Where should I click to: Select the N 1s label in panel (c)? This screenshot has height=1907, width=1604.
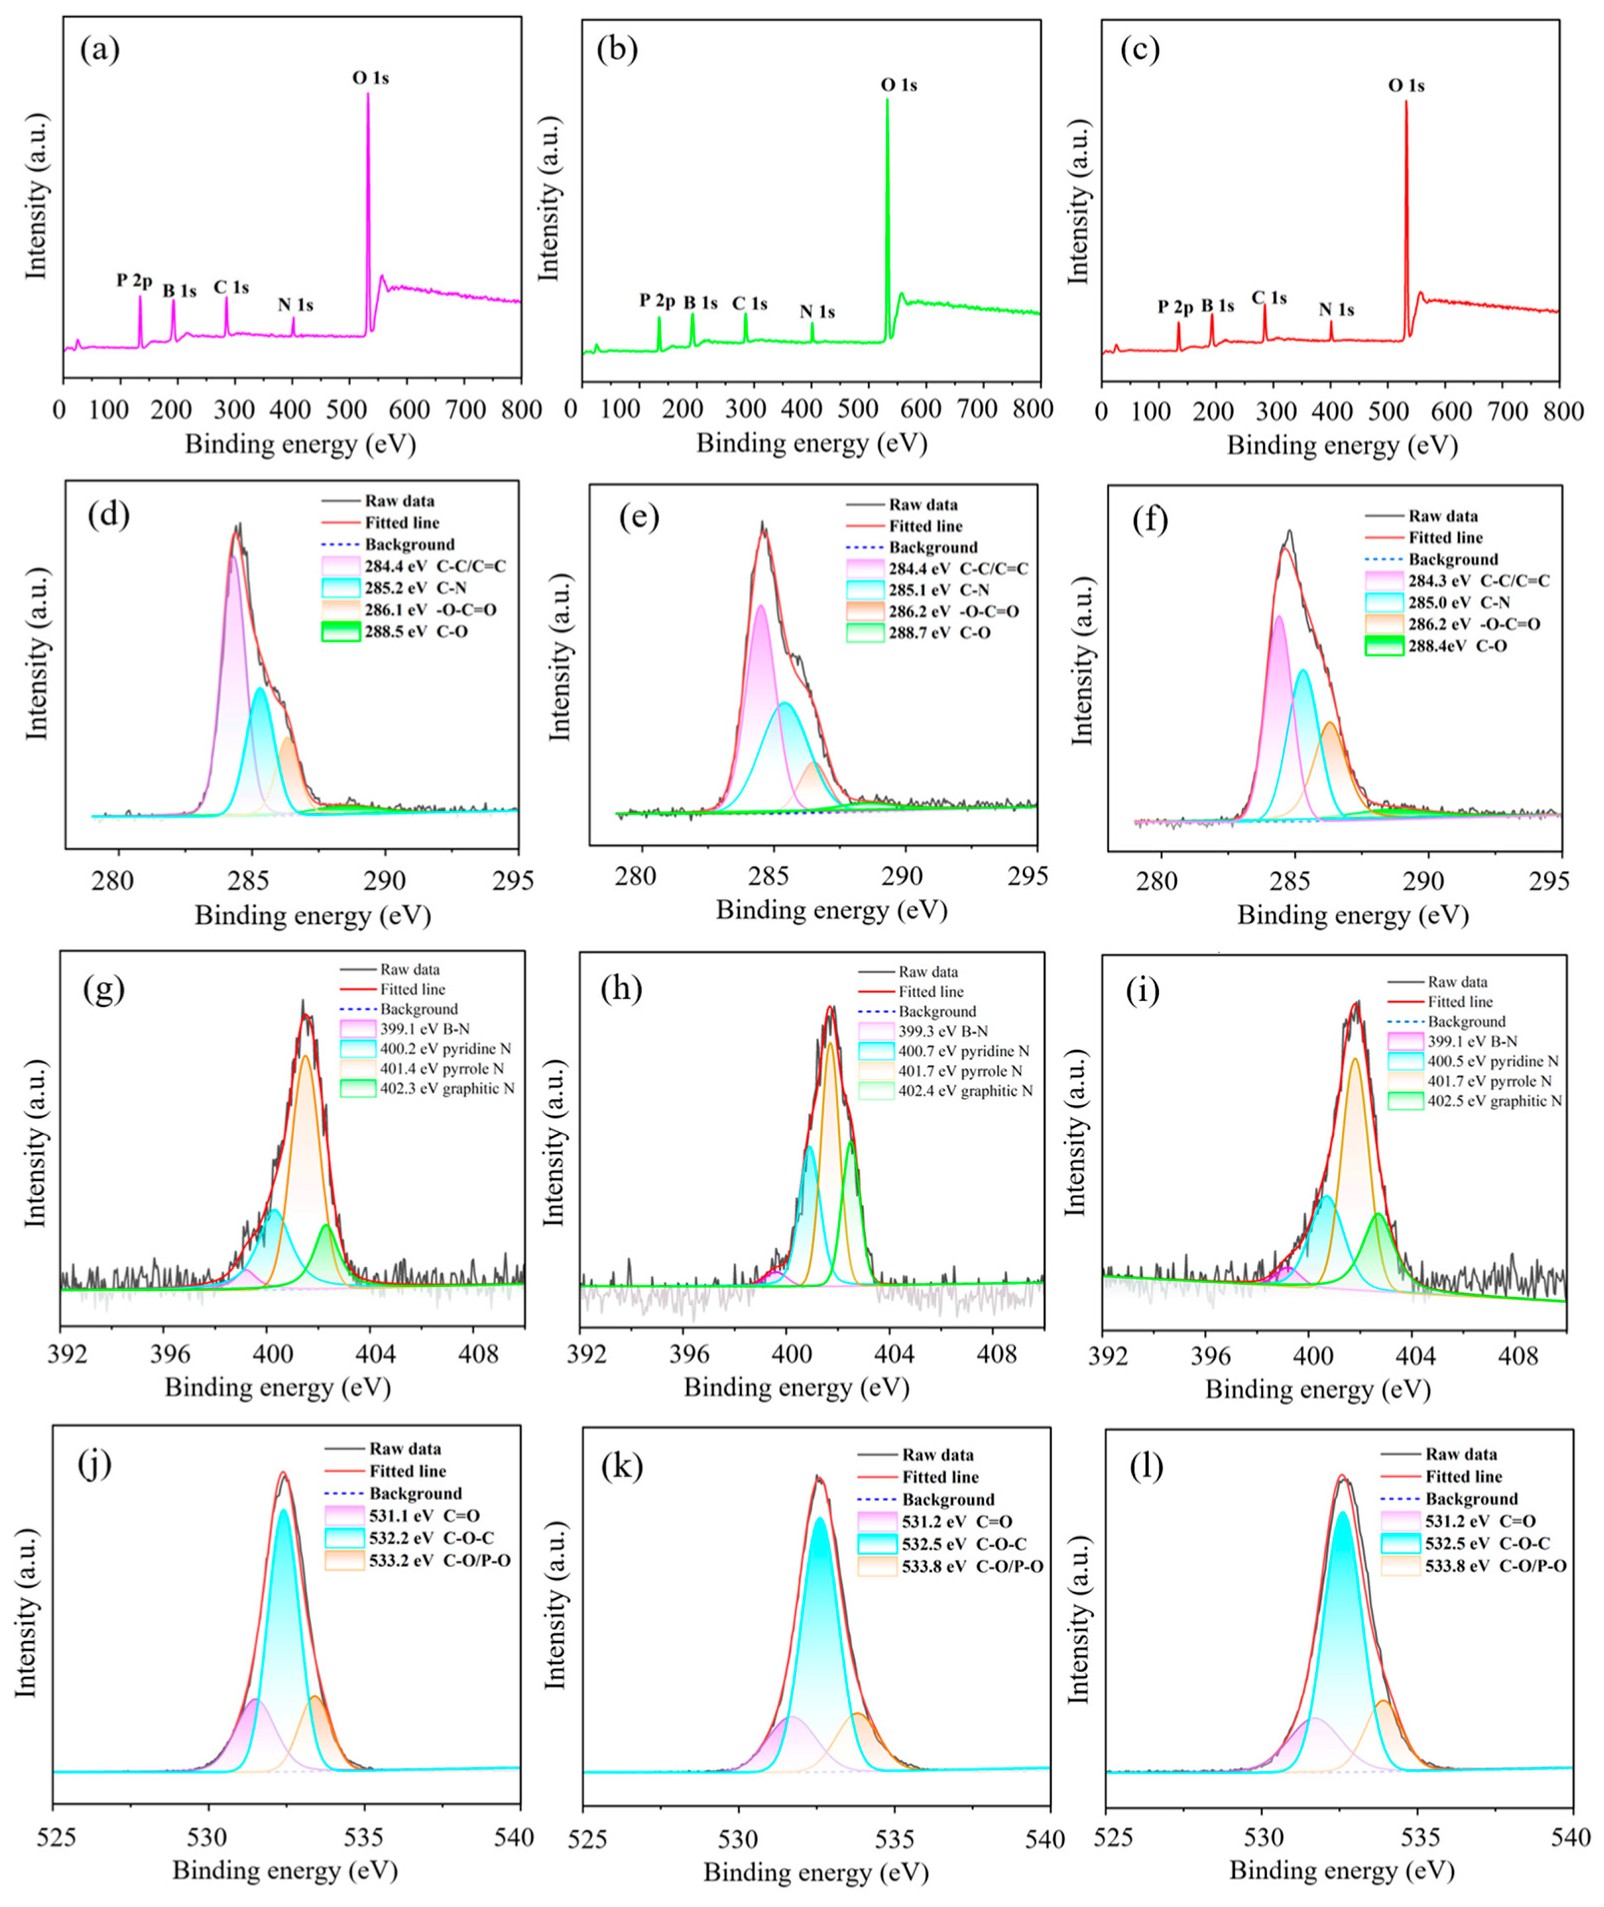tap(1336, 310)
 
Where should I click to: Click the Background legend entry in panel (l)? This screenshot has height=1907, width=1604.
tap(1451, 1498)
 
